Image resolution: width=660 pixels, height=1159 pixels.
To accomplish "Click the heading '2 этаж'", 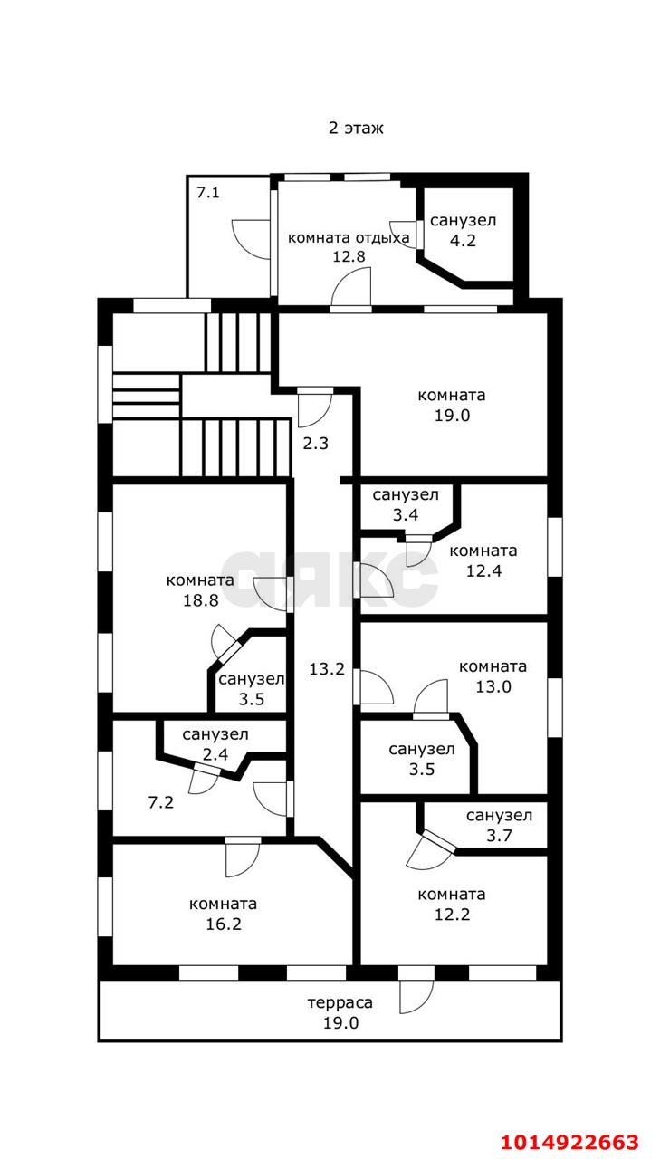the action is coord(356,128).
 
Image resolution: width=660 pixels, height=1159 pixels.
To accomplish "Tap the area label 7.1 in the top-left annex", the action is coord(207,193).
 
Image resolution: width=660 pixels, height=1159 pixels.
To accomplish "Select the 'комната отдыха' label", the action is coord(349,238).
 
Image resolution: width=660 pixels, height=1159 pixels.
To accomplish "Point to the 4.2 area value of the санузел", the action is coord(463,241).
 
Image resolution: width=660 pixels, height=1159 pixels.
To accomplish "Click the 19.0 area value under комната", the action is coord(452,416).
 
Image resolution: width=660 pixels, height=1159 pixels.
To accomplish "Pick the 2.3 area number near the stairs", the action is coord(316,444).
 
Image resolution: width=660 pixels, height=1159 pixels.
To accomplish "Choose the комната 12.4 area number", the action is coord(483,570).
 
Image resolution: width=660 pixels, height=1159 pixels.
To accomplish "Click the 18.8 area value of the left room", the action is coord(200,600).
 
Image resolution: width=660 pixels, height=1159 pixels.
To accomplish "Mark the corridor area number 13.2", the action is coord(327,669).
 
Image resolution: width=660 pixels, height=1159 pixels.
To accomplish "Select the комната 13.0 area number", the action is coord(493,686).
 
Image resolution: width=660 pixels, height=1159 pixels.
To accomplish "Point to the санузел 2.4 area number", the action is coord(215,754).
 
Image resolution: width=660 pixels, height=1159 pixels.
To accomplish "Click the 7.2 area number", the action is coord(161,802).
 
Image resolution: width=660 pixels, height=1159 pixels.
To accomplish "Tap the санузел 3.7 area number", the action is coord(499,836).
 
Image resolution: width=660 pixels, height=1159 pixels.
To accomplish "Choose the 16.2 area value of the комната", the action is coord(224,924).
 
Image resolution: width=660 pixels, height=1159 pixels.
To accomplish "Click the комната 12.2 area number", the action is coord(452,915).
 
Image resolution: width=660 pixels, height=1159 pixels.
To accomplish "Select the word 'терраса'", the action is coord(340,1002).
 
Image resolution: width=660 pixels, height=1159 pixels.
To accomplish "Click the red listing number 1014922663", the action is coord(569,1141).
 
